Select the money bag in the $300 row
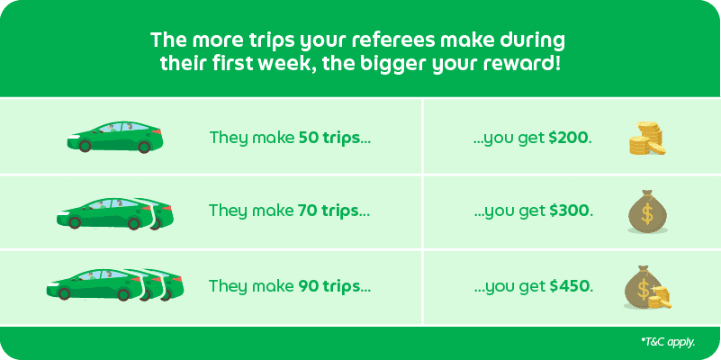point(645,212)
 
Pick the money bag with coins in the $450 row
point(647,287)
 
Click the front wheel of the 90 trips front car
point(65,292)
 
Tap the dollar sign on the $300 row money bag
point(645,217)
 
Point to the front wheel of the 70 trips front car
point(76,220)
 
